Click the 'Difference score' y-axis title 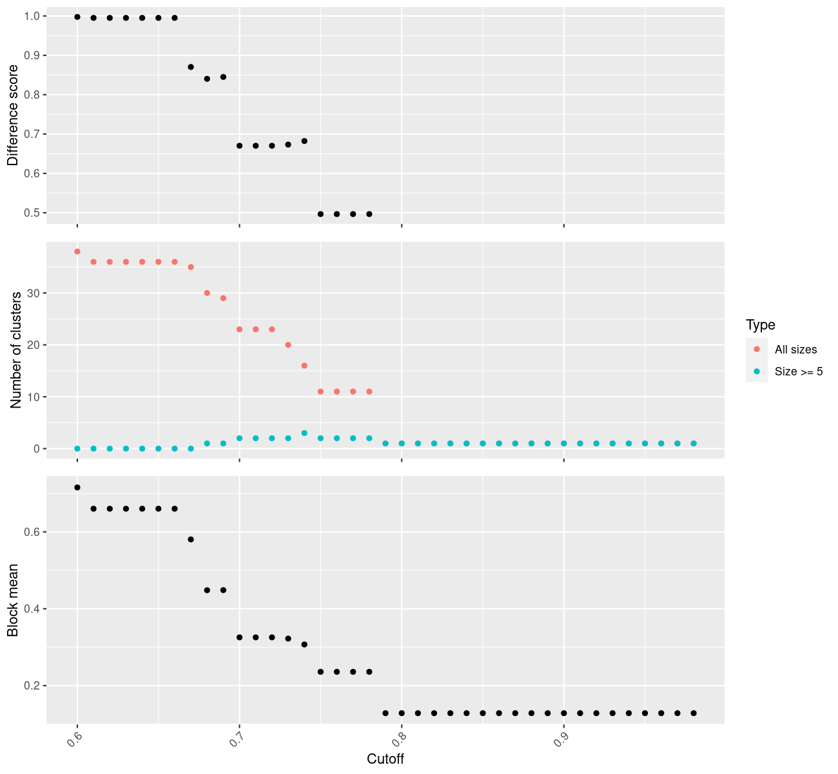(x=13, y=115)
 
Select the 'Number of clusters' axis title (x=16, y=350)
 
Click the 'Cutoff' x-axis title (x=385, y=759)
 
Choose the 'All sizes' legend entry (x=795, y=350)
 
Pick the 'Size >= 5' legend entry (x=799, y=372)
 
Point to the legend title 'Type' (x=760, y=324)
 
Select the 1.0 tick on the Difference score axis (x=31, y=16)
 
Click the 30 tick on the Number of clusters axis (x=34, y=293)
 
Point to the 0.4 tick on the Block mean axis (x=31, y=609)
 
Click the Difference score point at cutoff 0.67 (x=191, y=67)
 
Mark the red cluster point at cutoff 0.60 (x=77, y=252)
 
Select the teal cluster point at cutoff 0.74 (x=304, y=433)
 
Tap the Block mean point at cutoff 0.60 (x=77, y=488)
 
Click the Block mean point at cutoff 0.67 (x=191, y=539)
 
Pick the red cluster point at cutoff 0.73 (x=288, y=345)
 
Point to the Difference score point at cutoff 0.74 (x=304, y=141)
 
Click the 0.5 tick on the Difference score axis (x=31, y=213)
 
